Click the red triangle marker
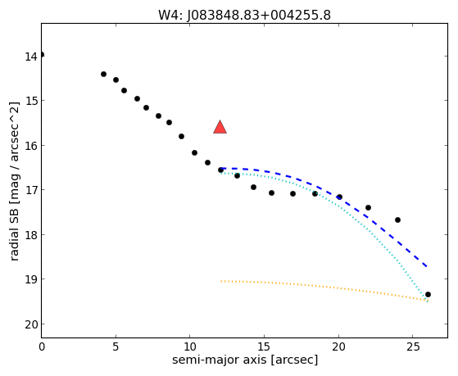220,127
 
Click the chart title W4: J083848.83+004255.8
244,16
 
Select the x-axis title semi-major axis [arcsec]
245,360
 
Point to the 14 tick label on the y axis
30,57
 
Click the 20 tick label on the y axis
30,324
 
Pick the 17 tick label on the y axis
30,191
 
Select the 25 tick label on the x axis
413,347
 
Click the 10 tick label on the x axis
190,347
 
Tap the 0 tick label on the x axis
42,347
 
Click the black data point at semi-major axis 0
42,55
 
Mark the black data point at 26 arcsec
428,294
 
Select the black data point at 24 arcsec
397,220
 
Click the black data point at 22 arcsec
368,208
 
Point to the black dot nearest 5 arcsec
116,79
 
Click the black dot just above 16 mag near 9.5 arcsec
181,137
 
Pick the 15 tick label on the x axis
265,347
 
